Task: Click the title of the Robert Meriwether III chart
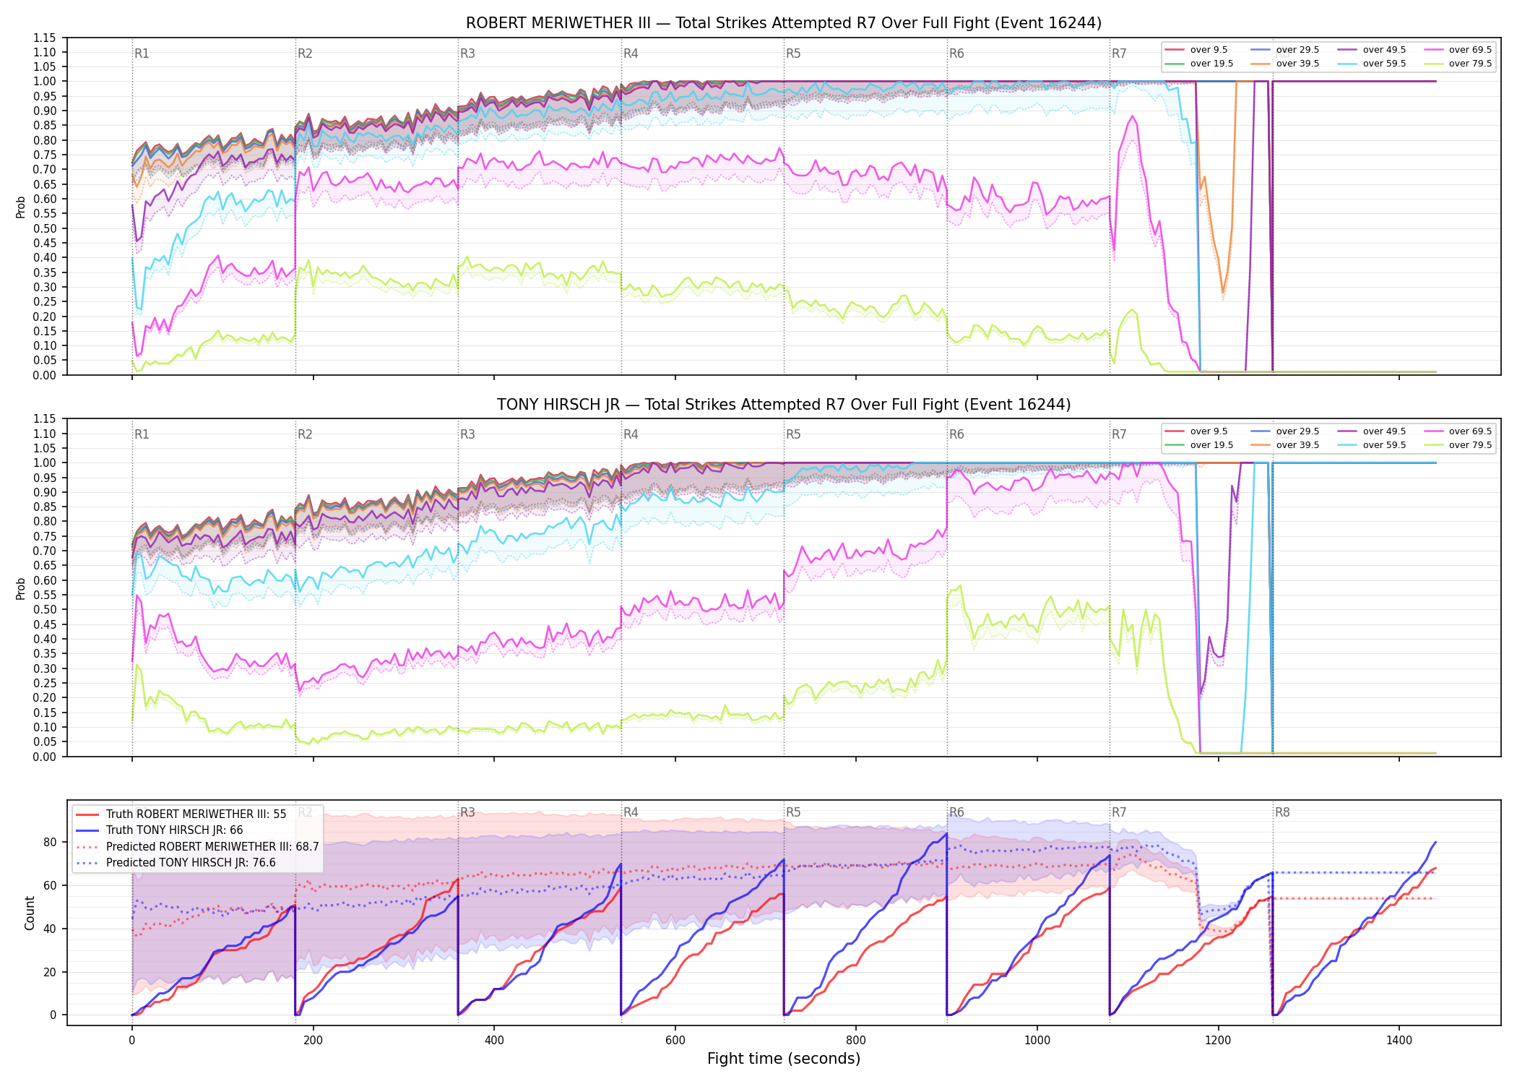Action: (x=784, y=23)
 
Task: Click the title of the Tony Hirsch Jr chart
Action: (x=784, y=405)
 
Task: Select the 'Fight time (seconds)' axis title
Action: (x=784, y=1059)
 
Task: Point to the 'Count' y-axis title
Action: (x=30, y=913)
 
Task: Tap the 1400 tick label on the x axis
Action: (x=1399, y=1041)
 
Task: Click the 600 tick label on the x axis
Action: (x=675, y=1041)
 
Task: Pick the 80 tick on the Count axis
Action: (x=50, y=842)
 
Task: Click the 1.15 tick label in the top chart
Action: (x=45, y=38)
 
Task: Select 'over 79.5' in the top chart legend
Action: (x=1470, y=64)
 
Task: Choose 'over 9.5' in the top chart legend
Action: (x=1209, y=50)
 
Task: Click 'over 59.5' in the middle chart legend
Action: (x=1384, y=445)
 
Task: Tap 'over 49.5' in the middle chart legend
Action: (x=1384, y=431)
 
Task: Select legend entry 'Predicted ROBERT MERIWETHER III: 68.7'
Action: (x=212, y=846)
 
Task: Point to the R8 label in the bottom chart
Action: (x=1282, y=812)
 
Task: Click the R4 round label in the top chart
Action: (x=631, y=53)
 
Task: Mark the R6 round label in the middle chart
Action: (x=956, y=434)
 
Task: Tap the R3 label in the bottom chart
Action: (x=467, y=812)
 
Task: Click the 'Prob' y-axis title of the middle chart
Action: (x=21, y=588)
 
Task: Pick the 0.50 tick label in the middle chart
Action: (x=45, y=610)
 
